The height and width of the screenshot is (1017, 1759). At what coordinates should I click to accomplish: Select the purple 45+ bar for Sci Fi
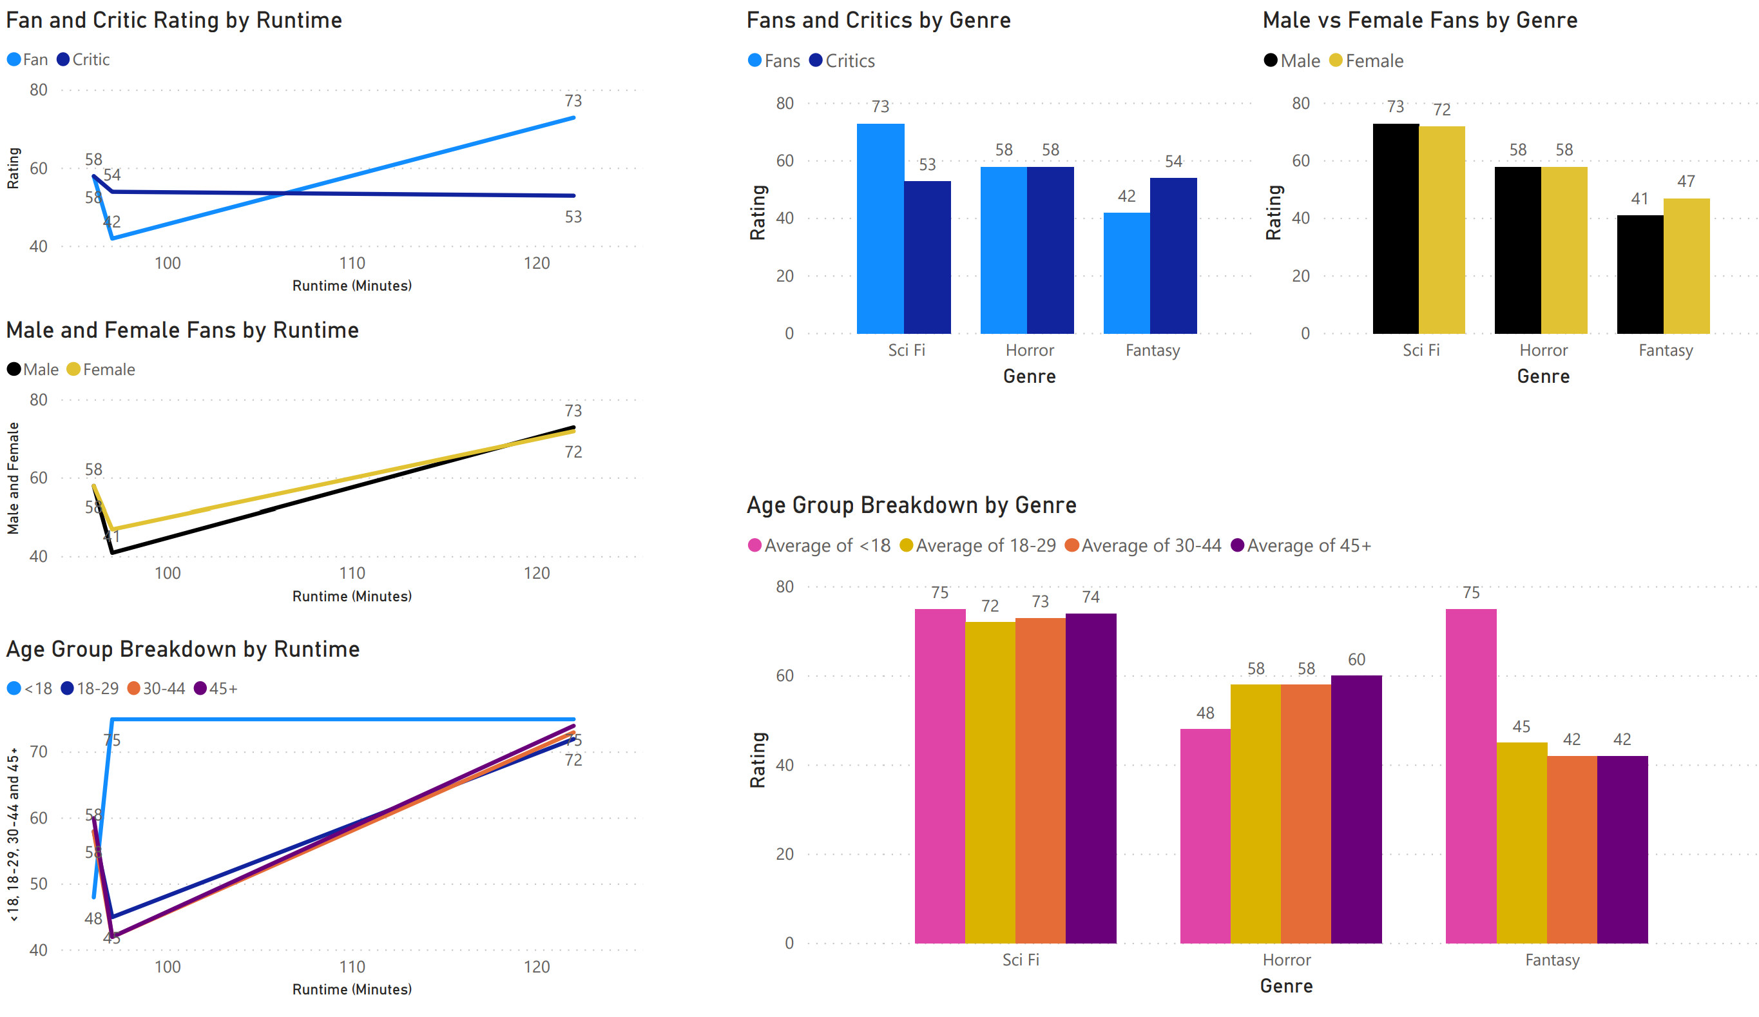coord(1090,779)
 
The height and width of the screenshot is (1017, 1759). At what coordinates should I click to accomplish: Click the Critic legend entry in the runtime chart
coord(91,60)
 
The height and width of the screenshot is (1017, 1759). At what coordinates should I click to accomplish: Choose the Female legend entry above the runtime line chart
coord(108,370)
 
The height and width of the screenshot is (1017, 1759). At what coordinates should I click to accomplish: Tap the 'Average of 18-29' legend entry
coord(985,546)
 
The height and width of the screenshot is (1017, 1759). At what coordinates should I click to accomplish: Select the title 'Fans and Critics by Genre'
coord(878,20)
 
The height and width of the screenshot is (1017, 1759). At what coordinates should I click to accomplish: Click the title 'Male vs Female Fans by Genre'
coord(1420,20)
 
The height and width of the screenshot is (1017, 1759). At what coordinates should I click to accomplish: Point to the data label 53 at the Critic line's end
coord(573,217)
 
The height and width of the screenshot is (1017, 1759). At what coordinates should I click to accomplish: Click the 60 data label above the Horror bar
coord(1356,659)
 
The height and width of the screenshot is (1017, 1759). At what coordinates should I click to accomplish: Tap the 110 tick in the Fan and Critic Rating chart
coord(352,264)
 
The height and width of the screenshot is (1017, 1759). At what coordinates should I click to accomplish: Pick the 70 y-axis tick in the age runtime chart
coord(39,751)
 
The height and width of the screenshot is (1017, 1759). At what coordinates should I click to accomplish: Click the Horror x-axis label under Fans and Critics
coord(1030,351)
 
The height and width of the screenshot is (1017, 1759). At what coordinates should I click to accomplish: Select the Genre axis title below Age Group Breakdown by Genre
coord(1286,986)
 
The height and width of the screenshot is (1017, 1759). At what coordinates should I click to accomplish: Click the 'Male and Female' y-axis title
coord(14,478)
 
